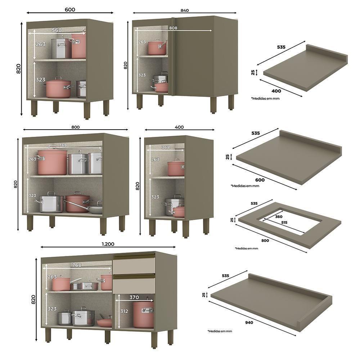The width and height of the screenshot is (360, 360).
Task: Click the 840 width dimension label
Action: (x=184, y=10)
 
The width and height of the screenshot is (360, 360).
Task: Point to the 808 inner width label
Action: (x=173, y=28)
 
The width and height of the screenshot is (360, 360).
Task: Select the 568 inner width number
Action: (x=57, y=30)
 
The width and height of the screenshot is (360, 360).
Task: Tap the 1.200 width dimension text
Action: (x=108, y=244)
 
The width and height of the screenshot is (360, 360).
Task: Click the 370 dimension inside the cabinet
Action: (x=134, y=297)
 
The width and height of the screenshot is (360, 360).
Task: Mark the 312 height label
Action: (x=124, y=311)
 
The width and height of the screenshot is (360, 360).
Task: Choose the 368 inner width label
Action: (x=165, y=147)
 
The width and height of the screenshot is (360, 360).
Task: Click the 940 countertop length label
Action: (x=249, y=323)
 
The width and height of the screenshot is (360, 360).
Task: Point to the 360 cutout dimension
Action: (x=279, y=217)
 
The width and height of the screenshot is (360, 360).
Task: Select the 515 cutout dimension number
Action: (x=284, y=223)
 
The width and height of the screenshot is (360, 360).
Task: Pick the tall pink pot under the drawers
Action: (x=143, y=314)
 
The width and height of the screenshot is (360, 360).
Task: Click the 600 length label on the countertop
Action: (x=260, y=180)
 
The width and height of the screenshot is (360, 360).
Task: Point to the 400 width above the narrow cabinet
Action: (x=179, y=127)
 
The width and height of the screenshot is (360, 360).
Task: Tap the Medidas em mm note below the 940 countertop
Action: (x=220, y=331)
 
